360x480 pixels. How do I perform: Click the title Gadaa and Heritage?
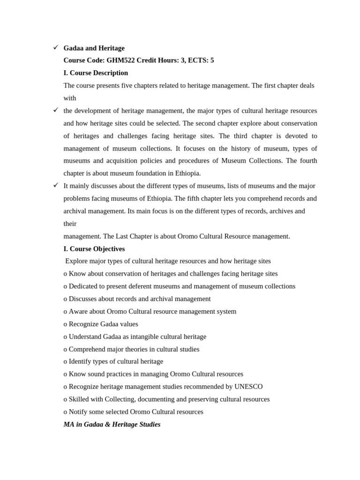click(x=94, y=48)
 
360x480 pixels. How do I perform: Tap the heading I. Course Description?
click(x=96, y=73)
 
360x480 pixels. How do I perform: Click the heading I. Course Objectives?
click(x=94, y=249)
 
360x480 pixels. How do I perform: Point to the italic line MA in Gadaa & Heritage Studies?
click(x=112, y=424)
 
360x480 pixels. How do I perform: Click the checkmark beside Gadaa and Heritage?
click(x=56, y=47)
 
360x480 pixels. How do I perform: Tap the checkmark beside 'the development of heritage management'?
click(x=56, y=110)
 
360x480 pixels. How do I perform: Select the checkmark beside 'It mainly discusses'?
click(x=56, y=185)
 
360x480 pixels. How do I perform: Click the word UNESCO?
click(x=248, y=387)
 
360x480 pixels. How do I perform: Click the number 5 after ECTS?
click(x=212, y=60)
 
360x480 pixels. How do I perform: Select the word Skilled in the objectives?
click(x=81, y=399)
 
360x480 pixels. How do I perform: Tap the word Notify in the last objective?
click(x=80, y=412)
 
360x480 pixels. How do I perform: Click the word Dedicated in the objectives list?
click(x=85, y=286)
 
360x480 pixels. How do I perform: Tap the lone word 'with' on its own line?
click(x=70, y=98)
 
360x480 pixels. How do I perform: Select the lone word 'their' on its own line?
click(x=70, y=224)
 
